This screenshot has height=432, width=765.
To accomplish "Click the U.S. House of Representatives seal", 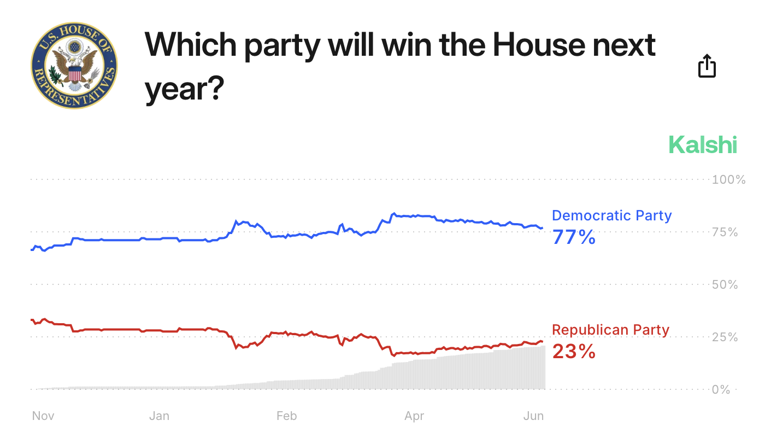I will (x=74, y=66).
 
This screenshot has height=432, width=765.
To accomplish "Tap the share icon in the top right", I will (x=707, y=66).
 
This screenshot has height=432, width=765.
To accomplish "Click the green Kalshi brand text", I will (x=703, y=145).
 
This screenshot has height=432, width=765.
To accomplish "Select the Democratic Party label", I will (x=611, y=215).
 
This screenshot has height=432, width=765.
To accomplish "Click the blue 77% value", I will (x=574, y=237).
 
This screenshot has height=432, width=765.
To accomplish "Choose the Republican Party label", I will (x=610, y=330).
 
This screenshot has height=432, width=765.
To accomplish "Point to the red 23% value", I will (x=574, y=352).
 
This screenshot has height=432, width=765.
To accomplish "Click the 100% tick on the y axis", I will (x=728, y=179).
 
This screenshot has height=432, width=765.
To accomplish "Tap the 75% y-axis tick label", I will (x=725, y=232).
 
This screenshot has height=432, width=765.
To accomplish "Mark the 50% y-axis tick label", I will (x=725, y=284).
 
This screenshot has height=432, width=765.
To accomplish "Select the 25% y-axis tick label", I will (x=725, y=337).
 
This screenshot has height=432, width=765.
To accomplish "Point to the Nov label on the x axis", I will (x=43, y=416).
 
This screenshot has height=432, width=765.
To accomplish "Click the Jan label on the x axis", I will (x=159, y=416).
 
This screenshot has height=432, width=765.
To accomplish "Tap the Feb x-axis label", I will (x=286, y=416).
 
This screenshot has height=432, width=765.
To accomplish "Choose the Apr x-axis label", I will (x=414, y=416).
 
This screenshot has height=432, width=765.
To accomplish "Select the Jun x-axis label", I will (x=534, y=416).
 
